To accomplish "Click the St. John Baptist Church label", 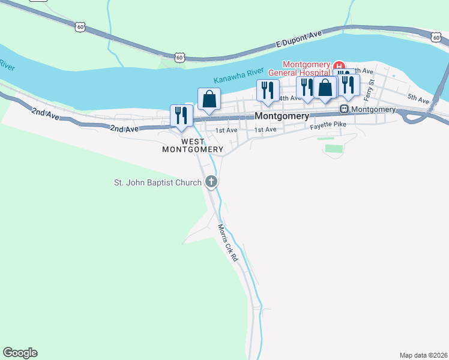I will click(158, 182).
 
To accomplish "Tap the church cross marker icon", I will click(211, 182).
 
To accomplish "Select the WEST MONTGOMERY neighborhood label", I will click(193, 145).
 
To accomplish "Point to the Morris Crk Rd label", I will click(228, 242).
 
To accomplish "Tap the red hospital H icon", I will click(339, 65).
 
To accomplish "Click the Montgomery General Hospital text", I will click(306, 68).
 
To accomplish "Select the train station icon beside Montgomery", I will click(345, 109).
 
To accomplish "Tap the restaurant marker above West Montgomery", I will click(181, 115).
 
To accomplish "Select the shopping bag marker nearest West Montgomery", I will click(209, 99).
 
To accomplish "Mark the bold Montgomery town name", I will click(282, 116).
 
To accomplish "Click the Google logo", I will click(20, 353).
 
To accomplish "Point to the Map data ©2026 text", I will click(423, 355).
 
